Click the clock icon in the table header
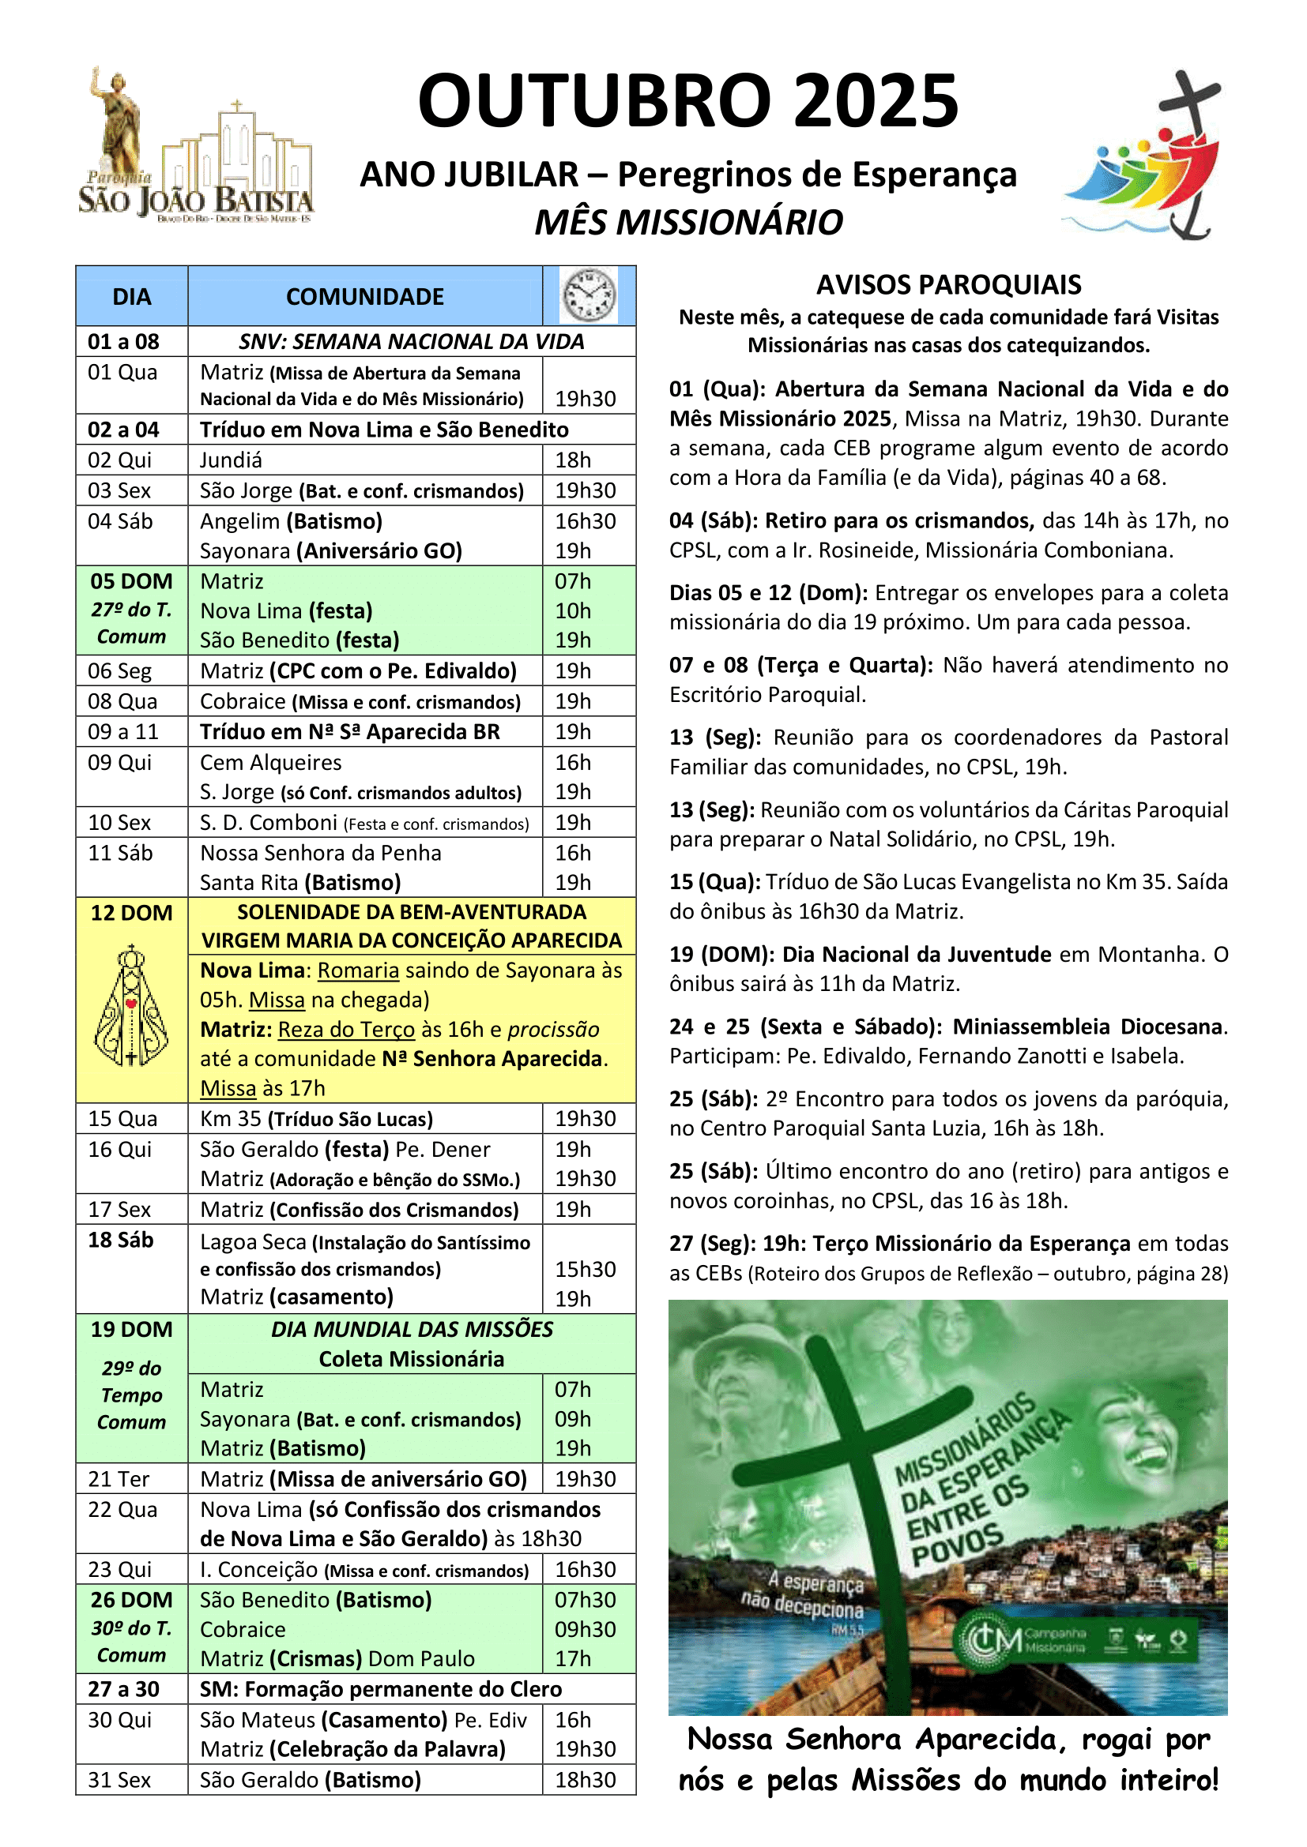[x=589, y=295]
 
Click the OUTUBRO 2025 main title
[x=688, y=101]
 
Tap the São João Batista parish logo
[x=195, y=149]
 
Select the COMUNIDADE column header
[x=364, y=297]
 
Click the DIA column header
[x=132, y=297]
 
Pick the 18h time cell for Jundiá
[x=573, y=460]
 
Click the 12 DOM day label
[x=131, y=913]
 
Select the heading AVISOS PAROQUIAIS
[x=948, y=285]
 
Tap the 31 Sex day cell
[x=119, y=1780]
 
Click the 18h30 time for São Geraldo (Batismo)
[x=585, y=1780]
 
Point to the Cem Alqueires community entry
[x=270, y=763]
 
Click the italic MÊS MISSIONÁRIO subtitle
[x=689, y=222]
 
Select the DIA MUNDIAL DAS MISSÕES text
[x=411, y=1329]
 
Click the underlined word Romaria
[x=358, y=971]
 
